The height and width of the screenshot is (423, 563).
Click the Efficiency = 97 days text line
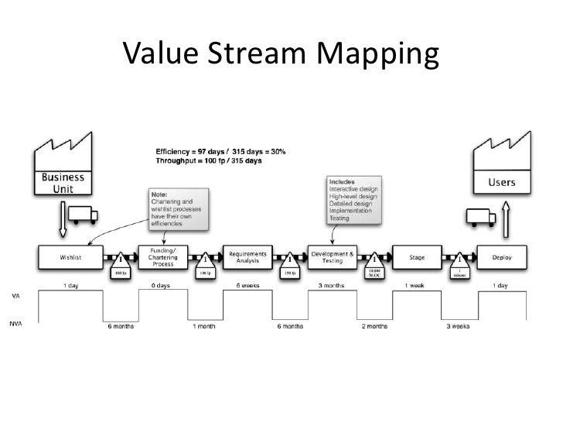click(x=220, y=151)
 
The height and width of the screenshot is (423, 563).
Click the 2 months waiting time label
click(x=375, y=326)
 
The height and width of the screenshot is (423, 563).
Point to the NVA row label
click(x=15, y=324)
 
